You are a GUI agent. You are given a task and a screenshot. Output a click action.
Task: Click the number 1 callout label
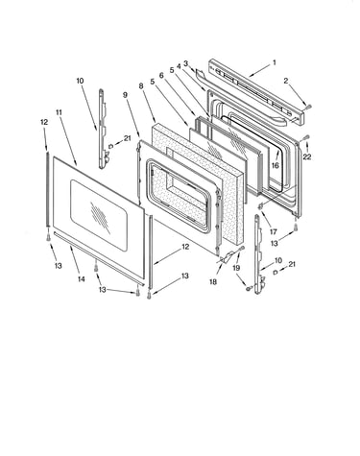(x=275, y=62)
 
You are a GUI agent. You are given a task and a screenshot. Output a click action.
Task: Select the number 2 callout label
(x=286, y=82)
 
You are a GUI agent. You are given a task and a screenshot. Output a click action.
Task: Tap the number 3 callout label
(x=185, y=63)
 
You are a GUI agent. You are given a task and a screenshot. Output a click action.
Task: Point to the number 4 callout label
(x=179, y=66)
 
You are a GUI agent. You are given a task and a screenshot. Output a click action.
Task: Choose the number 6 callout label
(x=161, y=75)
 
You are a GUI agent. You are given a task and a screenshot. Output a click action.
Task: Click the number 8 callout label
(x=141, y=85)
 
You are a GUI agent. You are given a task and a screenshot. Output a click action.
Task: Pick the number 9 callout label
(x=125, y=95)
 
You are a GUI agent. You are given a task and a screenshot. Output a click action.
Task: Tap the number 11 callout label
(x=59, y=112)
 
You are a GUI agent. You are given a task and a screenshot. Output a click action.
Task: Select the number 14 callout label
(x=82, y=279)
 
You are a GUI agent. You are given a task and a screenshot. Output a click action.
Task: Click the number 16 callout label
(x=276, y=165)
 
